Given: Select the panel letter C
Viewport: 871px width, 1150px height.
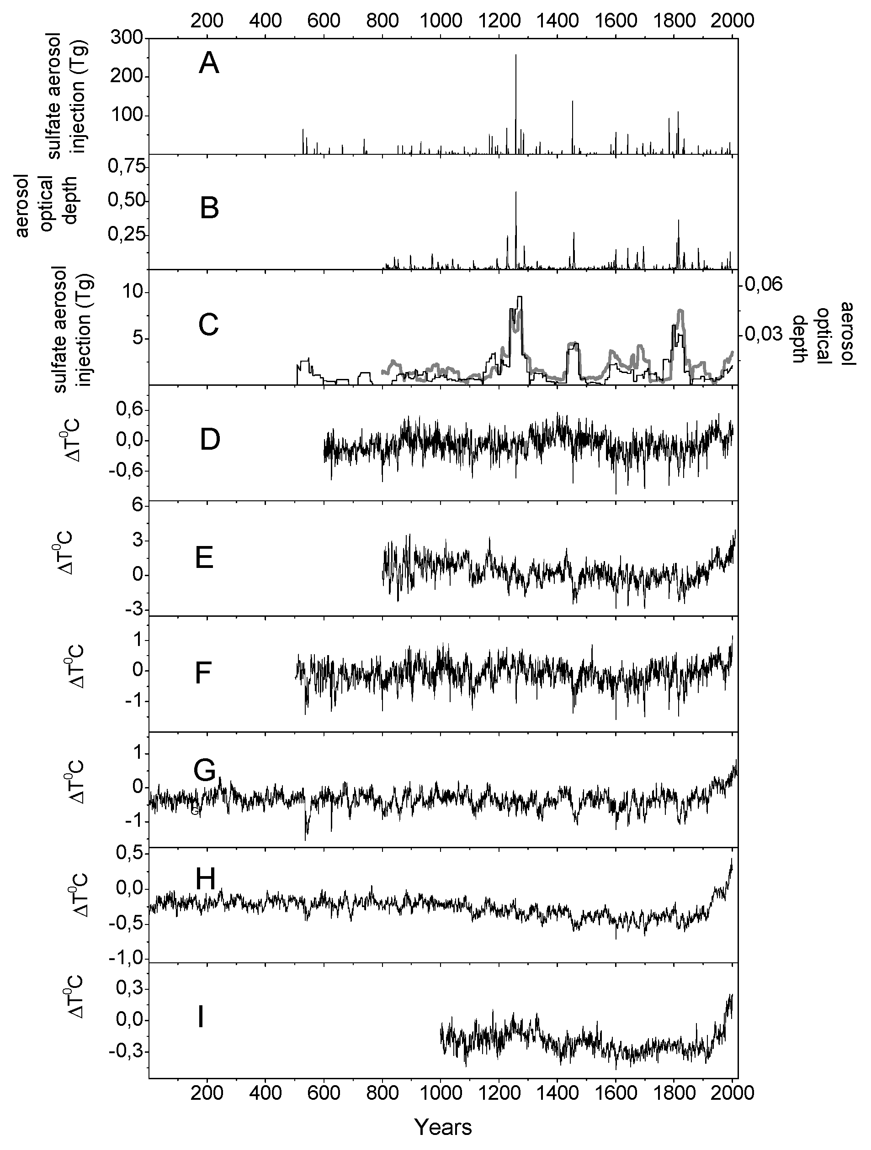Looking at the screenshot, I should click(209, 325).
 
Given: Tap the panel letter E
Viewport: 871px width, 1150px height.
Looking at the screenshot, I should click(204, 559).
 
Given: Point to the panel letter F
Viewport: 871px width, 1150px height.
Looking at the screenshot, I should click(203, 674).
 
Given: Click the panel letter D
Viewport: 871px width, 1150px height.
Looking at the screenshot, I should click(210, 440).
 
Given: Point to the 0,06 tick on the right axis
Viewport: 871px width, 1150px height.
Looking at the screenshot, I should click(764, 284).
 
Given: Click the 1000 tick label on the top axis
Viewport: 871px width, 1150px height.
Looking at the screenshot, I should click(441, 21).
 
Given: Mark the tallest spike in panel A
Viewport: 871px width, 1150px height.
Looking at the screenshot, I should click(515, 56).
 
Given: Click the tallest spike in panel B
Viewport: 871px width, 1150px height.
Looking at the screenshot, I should click(515, 193).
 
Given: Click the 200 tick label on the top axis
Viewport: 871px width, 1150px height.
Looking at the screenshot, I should click(207, 21).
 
